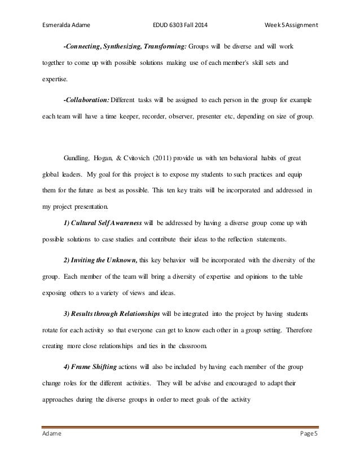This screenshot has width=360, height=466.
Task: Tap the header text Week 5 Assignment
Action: point(292,9)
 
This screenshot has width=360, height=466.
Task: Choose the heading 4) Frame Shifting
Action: point(91,364)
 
